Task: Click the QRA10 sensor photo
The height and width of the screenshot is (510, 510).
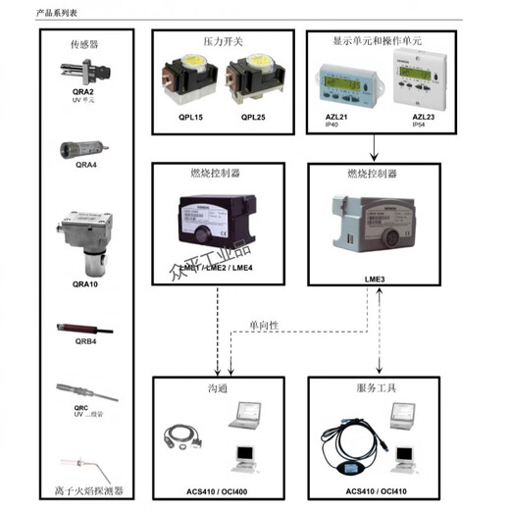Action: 88,237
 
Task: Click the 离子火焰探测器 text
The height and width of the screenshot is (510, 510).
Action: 87,490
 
